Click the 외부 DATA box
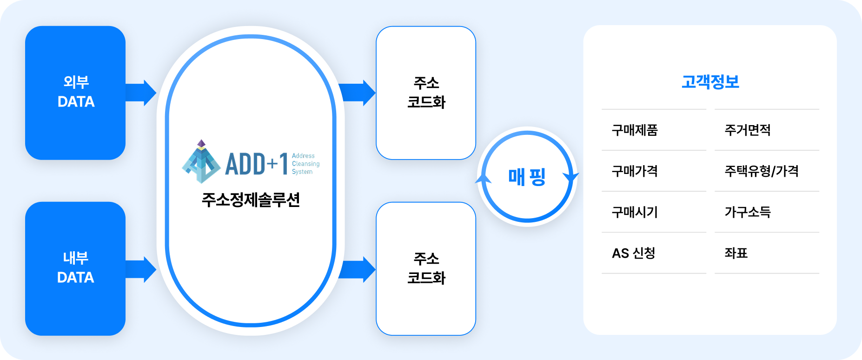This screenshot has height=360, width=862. [x=75, y=93]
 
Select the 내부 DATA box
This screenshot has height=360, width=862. [x=75, y=268]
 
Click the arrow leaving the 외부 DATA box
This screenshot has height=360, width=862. [x=141, y=93]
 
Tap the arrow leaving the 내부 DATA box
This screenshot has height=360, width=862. [x=141, y=269]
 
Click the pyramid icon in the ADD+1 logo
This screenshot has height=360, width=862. [x=201, y=161]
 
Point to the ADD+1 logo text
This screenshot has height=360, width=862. [x=257, y=164]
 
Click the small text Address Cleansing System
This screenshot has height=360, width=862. [x=305, y=164]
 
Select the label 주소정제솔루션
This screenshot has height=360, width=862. [x=251, y=200]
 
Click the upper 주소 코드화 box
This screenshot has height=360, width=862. [x=426, y=93]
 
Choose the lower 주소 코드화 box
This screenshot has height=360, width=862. [x=426, y=268]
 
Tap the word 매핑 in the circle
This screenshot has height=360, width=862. [x=527, y=177]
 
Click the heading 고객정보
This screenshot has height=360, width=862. [x=710, y=82]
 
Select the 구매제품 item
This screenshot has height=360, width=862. [x=635, y=130]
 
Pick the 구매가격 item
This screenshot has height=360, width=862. [x=635, y=171]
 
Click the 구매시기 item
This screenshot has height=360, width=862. [x=635, y=212]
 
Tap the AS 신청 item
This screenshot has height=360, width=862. [x=633, y=253]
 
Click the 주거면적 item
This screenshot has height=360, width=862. [x=748, y=130]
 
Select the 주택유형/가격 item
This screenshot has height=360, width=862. [x=762, y=171]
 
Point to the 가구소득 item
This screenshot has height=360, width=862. [x=748, y=212]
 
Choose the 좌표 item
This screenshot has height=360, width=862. [x=736, y=253]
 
